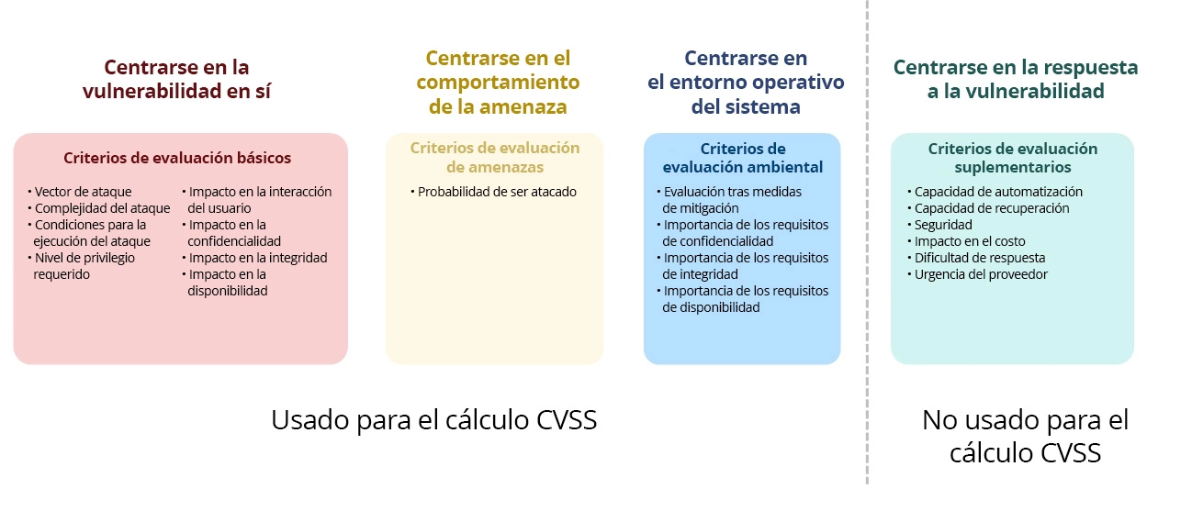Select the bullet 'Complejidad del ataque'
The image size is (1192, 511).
[x=102, y=208]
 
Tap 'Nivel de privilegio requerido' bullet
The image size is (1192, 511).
[x=84, y=266]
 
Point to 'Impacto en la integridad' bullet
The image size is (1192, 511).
[x=257, y=258]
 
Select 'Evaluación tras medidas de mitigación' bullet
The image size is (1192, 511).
[x=732, y=200]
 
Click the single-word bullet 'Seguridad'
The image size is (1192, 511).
[x=943, y=225]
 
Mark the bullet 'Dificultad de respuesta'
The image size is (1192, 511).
[x=979, y=258]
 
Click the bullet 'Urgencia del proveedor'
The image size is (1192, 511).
[x=981, y=274]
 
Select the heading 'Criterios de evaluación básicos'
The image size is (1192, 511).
[x=177, y=158]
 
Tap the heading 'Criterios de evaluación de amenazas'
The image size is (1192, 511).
[x=495, y=158]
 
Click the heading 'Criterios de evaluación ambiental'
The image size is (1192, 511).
[x=743, y=158]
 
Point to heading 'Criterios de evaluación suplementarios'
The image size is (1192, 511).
[x=1012, y=158]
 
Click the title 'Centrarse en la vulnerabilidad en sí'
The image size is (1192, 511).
[x=176, y=80]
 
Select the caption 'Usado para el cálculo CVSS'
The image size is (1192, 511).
[x=434, y=420]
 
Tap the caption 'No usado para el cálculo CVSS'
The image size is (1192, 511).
[x=1025, y=437]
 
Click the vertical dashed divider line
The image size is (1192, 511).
[x=867, y=275]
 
